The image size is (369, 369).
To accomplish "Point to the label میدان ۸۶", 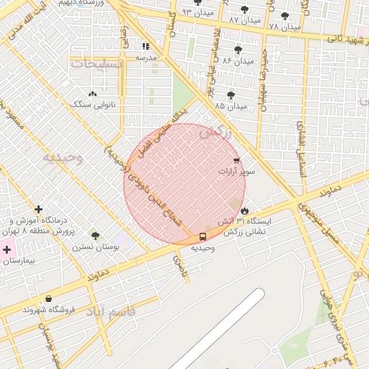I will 239,61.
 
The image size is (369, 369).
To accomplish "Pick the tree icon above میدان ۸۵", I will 231,94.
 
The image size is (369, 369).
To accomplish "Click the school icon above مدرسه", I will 146,45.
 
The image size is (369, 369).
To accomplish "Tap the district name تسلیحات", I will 97,63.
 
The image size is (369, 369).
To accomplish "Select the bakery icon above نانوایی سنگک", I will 92,94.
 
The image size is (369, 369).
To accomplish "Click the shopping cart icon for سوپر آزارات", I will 236,161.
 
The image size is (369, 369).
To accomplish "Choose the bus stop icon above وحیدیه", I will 202,236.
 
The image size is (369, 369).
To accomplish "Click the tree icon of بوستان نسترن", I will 95,235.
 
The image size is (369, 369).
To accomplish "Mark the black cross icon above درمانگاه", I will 38,209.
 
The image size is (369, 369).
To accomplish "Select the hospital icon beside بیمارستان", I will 7,250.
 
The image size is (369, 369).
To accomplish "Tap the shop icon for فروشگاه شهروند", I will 48,298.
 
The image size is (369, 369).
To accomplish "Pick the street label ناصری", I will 178,270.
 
